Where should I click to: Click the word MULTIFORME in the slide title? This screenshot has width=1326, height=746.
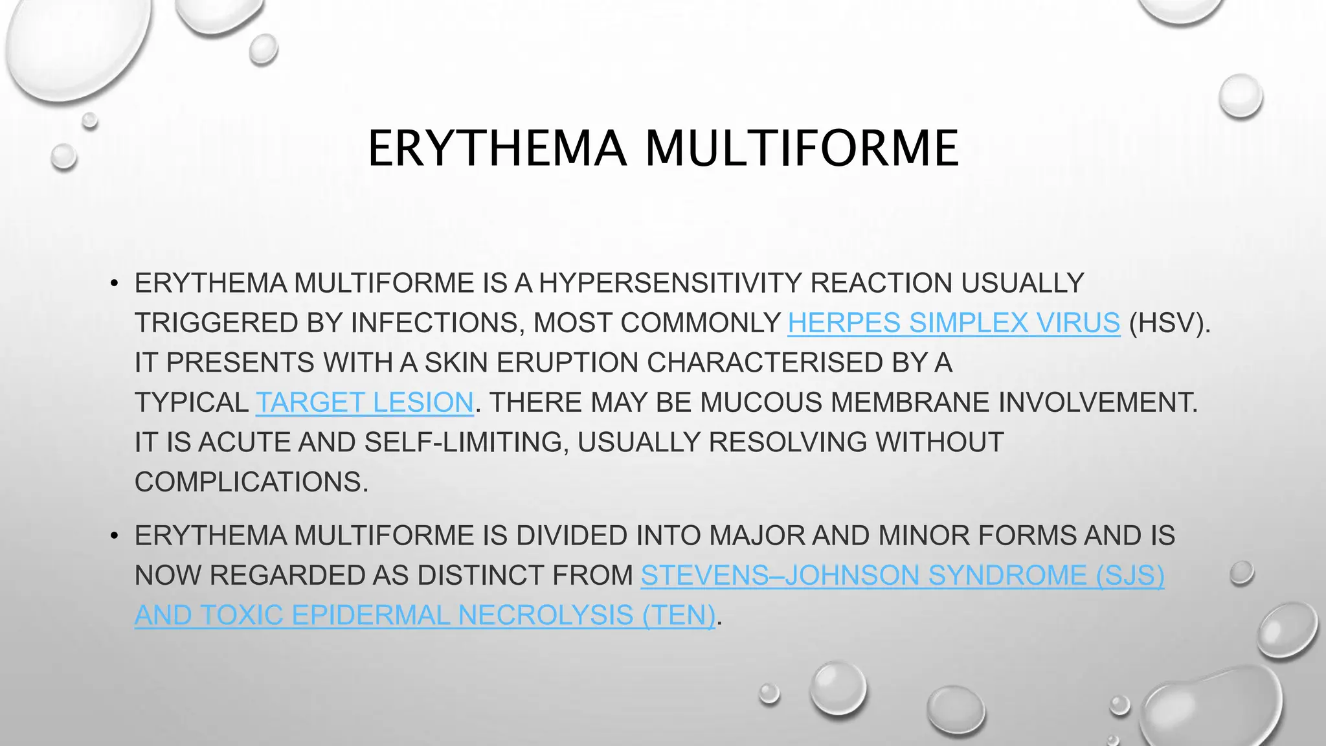coord(802,148)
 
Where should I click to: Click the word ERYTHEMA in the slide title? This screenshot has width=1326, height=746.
coord(497,148)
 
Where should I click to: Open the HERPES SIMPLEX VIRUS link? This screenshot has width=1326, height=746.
coord(954,322)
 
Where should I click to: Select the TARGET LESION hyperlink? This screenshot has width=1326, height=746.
coord(365,402)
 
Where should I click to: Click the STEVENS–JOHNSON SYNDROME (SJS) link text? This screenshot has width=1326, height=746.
coord(903,575)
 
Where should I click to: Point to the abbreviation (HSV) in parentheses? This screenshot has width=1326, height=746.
coord(1169,322)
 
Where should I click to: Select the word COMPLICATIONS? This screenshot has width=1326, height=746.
coord(251,482)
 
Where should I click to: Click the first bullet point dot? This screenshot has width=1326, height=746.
coord(114,284)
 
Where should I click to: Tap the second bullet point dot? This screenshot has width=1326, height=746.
coord(114,536)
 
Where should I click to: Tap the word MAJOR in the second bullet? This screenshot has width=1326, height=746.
coord(756,536)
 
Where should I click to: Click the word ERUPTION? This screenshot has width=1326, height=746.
coord(567,363)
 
